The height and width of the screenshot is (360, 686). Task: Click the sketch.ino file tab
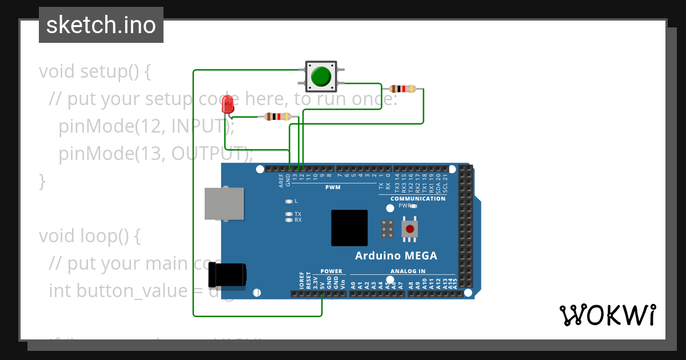pos(101,25)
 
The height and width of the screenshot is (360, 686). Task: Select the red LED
pos(228,105)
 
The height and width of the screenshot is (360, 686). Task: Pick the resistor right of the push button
pos(402,89)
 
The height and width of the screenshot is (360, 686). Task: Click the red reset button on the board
pos(409,229)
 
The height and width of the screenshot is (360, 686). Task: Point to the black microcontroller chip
pos(349,227)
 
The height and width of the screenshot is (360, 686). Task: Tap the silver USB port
pos(225,203)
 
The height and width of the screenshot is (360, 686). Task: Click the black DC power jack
pos(227,275)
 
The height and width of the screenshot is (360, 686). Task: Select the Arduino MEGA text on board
pos(396,255)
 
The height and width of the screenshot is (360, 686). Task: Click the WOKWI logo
pos(607,315)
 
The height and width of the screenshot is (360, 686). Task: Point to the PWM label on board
pos(333,187)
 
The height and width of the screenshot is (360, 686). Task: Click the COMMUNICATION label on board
pos(418,199)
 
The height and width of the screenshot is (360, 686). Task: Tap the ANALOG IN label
pos(408,271)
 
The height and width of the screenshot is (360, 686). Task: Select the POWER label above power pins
pos(331,271)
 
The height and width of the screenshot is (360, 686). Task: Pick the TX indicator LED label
pos(297,214)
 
